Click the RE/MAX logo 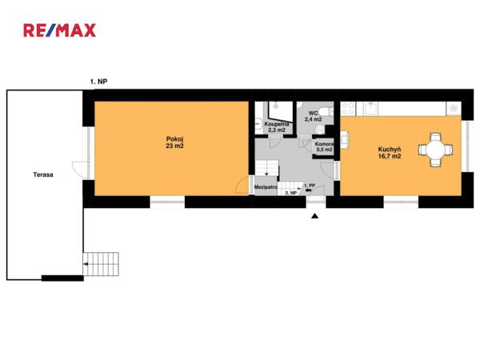tap(60, 30)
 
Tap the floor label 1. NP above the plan tap(98, 82)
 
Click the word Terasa tap(43, 174)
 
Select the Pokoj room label tap(174, 138)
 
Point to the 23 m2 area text tap(174, 146)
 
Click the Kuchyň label tap(390, 149)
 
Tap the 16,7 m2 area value tap(390, 156)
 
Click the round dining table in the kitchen tap(436, 150)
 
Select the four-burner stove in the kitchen tap(348, 109)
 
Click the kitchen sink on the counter tap(371, 108)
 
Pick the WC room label tap(313, 113)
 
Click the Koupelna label tap(277, 124)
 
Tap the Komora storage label tap(324, 144)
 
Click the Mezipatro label tap(266, 186)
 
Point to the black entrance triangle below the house tap(315, 216)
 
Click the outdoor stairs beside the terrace tap(101, 264)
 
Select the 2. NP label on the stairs tap(291, 193)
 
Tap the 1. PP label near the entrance tap(310, 186)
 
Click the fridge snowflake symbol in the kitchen tap(454, 108)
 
